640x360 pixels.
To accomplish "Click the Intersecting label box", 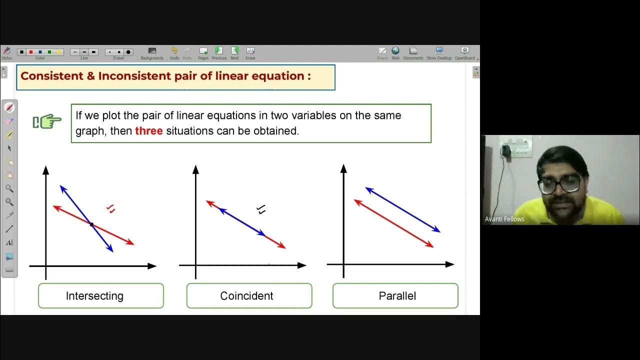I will (x=100, y=296).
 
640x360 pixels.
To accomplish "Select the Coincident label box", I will (x=249, y=296).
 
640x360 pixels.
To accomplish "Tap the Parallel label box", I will (x=395, y=296).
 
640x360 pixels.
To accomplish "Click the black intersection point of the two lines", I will (x=91, y=225).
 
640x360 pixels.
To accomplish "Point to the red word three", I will (x=149, y=131).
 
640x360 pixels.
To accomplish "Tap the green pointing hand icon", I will (x=47, y=121).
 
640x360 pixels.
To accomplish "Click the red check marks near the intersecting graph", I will (x=111, y=209).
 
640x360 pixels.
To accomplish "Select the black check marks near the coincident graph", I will (x=260, y=209).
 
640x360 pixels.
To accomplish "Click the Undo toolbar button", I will (x=174, y=52).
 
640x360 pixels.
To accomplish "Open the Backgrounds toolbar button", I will (x=152, y=52).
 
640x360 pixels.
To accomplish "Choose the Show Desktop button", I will (x=439, y=52).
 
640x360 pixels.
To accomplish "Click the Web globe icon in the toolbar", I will (x=395, y=52).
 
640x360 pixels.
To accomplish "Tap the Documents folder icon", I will (x=413, y=52).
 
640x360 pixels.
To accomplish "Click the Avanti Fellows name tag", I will (x=504, y=219).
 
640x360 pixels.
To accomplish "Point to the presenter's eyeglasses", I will (x=559, y=183).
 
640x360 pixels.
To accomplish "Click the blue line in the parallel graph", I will (x=402, y=209).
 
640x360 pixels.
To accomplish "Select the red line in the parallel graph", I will (x=393, y=223).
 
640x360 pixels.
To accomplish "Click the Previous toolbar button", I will (x=219, y=52).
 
